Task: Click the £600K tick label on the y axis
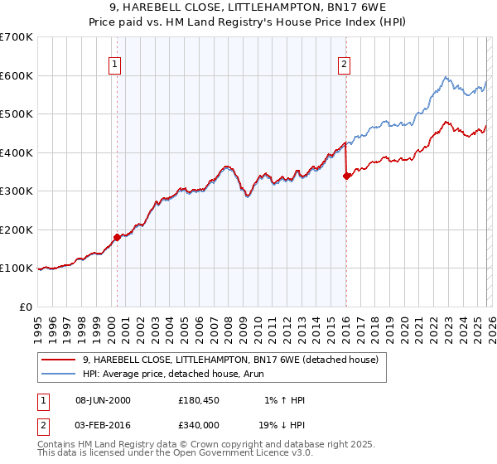(17, 75)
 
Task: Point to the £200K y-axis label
(17, 230)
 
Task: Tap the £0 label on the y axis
(25, 307)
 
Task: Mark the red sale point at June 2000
(117, 237)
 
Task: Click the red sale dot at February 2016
(346, 176)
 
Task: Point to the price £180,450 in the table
(198, 400)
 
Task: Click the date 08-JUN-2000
(103, 400)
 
